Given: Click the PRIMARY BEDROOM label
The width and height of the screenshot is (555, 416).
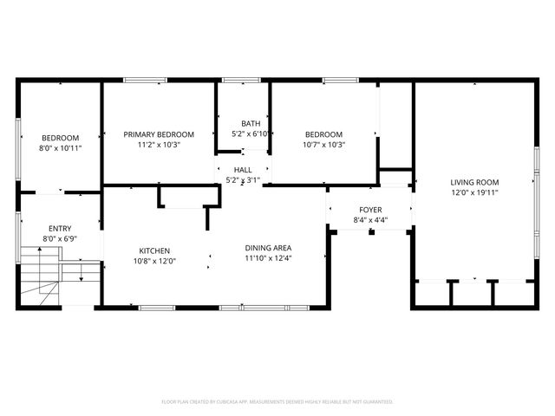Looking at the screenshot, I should point(159,134).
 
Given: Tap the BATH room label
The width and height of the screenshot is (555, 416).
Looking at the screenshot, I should point(251,123).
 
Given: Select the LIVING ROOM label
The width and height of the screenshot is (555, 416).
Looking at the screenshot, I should point(474,182).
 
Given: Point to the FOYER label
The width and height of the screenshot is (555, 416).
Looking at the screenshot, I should point(371,211).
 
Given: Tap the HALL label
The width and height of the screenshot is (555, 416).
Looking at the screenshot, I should point(243,170).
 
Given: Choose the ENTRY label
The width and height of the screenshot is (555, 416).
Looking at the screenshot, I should point(61,228).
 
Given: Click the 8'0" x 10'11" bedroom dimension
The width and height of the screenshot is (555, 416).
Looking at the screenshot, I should point(61,148).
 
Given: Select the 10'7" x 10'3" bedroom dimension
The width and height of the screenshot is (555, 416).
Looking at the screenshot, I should point(323,145).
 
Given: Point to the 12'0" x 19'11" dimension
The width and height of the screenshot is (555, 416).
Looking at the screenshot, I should point(474,192).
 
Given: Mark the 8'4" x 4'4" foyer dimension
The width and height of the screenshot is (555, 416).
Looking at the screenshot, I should point(371,221).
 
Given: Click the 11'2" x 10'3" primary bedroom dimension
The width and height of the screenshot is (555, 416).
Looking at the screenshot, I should point(159,145).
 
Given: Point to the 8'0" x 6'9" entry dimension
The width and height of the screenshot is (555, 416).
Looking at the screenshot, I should point(61,238).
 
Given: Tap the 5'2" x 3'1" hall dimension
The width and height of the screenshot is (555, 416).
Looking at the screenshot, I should point(243,180).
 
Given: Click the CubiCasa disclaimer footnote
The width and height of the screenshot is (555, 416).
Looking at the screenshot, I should point(277,402).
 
